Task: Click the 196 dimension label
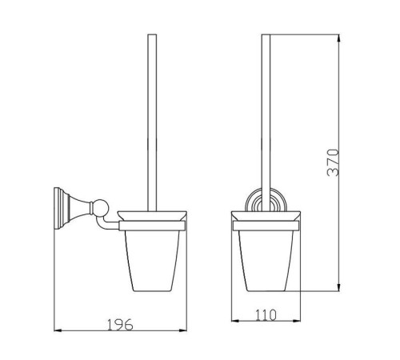pyautogui.click(x=120, y=324)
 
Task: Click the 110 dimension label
pyautogui.click(x=266, y=315)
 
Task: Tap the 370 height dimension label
pyautogui.click(x=333, y=162)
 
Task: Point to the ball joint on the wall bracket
pyautogui.click(x=101, y=207)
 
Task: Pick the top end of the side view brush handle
pyautogui.click(x=152, y=34)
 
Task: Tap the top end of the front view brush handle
pyautogui.click(x=266, y=34)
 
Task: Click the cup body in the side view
pyautogui.click(x=152, y=260)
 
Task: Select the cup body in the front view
pyautogui.click(x=266, y=260)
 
